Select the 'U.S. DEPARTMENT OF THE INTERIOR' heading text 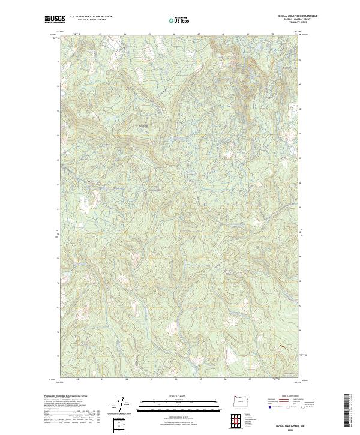coord(91,16)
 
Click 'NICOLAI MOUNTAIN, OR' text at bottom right coord(292,423)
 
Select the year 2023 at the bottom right coord(292,428)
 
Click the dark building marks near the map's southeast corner coord(280,346)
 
